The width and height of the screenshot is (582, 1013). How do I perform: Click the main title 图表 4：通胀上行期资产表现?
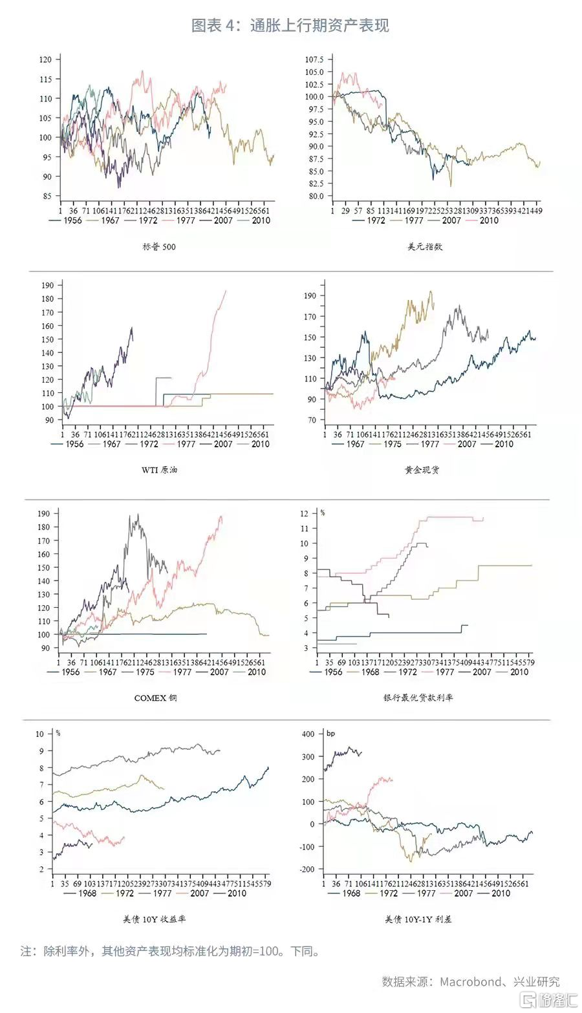(x=290, y=25)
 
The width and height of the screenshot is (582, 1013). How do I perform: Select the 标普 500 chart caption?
(x=159, y=246)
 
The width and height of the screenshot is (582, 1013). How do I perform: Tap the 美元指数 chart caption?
(x=425, y=246)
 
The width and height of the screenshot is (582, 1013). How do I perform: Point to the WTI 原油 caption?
(x=159, y=470)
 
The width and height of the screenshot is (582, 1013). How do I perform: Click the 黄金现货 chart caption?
(x=422, y=470)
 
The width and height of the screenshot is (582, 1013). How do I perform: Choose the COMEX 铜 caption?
(x=155, y=698)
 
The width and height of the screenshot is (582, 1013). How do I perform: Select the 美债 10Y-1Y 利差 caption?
(x=418, y=919)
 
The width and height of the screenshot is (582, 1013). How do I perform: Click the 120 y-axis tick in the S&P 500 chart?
(x=45, y=59)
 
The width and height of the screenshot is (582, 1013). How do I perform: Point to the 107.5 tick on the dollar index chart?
(x=314, y=59)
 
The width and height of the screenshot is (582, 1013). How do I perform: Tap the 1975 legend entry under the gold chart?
(x=392, y=444)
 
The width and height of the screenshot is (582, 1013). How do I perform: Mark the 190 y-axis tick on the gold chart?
(x=310, y=295)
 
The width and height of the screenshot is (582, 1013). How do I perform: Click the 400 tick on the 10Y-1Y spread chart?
(x=308, y=734)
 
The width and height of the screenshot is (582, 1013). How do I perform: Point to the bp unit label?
(x=330, y=734)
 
